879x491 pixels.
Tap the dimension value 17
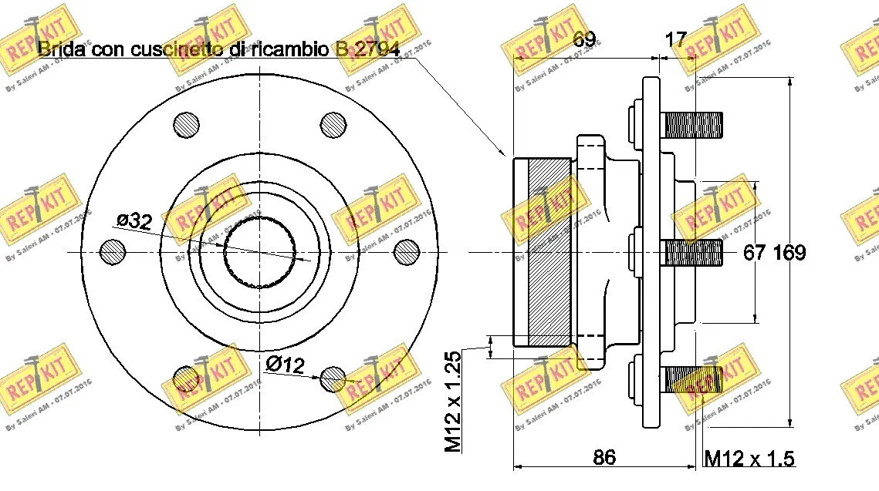pyautogui.click(x=676, y=39)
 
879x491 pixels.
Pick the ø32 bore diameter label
pyautogui.click(x=133, y=221)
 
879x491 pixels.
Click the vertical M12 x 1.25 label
pyautogui.click(x=453, y=401)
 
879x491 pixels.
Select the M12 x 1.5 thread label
pyautogui.click(x=749, y=459)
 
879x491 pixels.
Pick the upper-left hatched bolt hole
pyautogui.click(x=186, y=124)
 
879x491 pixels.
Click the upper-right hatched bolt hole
pyautogui.click(x=333, y=124)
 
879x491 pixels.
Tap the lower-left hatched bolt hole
pyautogui.click(x=186, y=378)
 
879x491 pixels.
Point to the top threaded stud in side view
pyautogui.click(x=692, y=125)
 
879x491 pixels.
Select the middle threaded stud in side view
pyautogui.click(x=692, y=251)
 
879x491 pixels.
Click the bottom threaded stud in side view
pyautogui.click(x=692, y=378)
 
